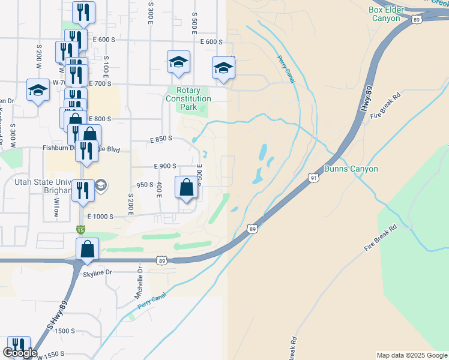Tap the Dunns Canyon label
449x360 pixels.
351,169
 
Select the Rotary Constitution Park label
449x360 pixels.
188,98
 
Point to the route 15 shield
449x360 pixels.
80,229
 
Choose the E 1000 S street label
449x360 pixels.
100,217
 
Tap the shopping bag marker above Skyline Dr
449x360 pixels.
88,248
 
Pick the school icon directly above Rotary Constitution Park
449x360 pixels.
178,62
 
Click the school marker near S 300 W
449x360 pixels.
38,91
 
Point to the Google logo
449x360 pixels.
20,353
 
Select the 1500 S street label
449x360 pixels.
64,331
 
